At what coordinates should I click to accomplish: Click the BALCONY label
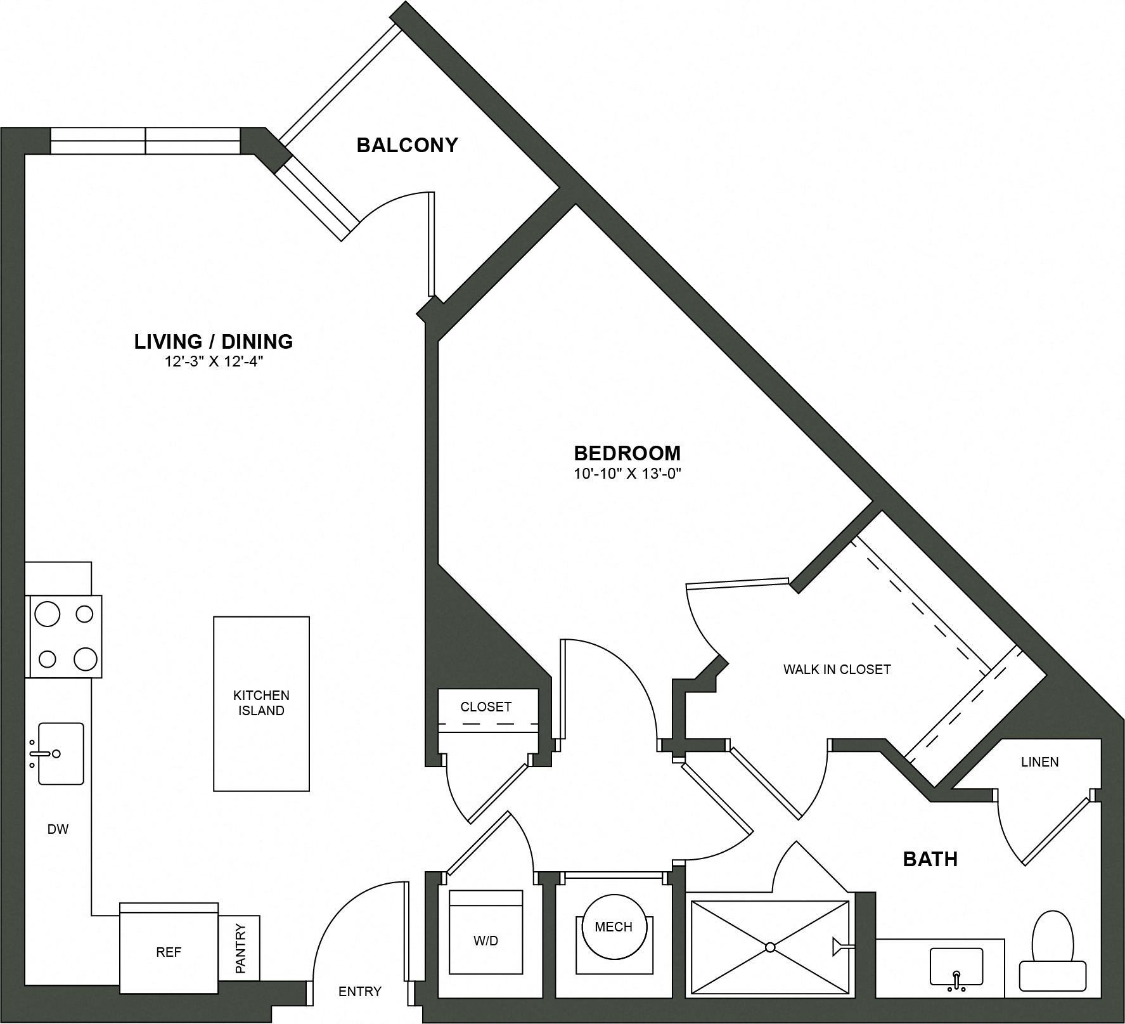[407, 145]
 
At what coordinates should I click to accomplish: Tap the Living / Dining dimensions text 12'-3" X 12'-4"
[213, 363]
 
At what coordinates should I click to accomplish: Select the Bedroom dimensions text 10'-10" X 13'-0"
[627, 473]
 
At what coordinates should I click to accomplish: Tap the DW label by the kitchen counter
[58, 829]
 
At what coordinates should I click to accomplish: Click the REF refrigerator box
[169, 952]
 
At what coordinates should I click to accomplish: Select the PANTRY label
[240, 949]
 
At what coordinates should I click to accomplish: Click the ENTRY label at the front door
[360, 991]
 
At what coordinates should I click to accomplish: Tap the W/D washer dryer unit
[485, 940]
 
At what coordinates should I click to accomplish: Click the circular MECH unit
[614, 927]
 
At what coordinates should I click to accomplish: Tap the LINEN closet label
[1039, 762]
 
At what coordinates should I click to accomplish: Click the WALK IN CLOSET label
[837, 669]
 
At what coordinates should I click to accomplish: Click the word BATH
[930, 859]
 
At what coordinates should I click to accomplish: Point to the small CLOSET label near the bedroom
[485, 706]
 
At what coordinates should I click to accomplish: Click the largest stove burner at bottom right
[85, 659]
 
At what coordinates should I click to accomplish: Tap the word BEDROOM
[627, 453]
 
